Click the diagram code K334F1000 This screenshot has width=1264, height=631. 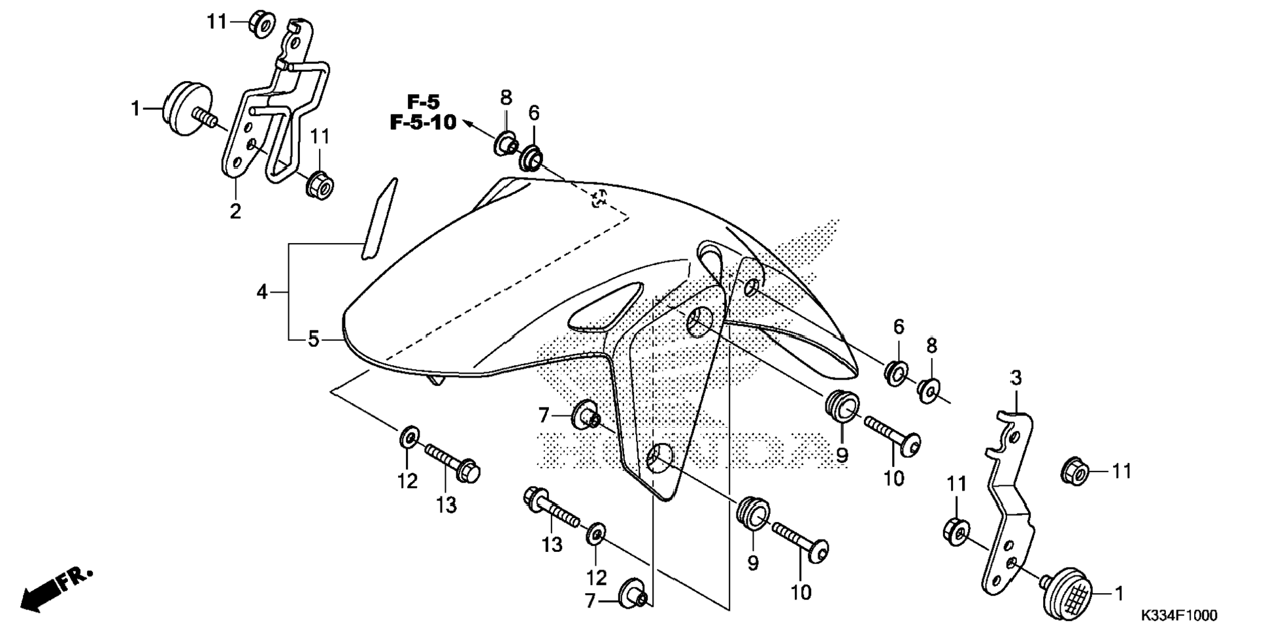click(x=1179, y=615)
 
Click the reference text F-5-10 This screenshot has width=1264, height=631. click(x=423, y=122)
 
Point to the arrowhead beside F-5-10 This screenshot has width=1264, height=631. click(x=467, y=121)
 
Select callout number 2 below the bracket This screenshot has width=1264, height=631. click(x=235, y=210)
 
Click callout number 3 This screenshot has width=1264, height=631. click(x=1016, y=378)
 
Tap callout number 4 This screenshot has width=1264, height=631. click(x=262, y=292)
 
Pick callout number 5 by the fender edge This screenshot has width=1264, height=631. click(x=314, y=339)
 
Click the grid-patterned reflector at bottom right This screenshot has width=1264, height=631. click(x=1069, y=592)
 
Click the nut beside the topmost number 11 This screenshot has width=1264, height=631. click(x=261, y=24)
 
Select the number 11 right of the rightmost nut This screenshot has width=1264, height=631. click(x=1122, y=470)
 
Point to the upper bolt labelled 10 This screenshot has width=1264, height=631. click(x=893, y=435)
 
